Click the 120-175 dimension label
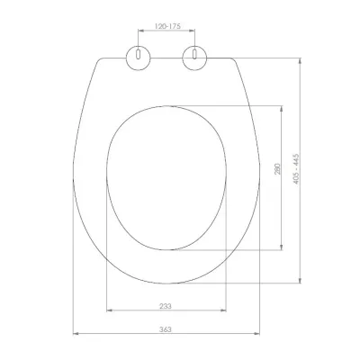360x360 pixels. click(x=167, y=26)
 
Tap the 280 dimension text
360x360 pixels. click(x=277, y=169)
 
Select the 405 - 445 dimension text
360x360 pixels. click(x=296, y=169)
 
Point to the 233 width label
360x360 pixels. click(x=166, y=306)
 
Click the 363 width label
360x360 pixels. click(x=166, y=329)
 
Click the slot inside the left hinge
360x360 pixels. click(x=138, y=54)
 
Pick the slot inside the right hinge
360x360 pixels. click(x=194, y=54)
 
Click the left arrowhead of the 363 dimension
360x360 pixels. click(x=76, y=333)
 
